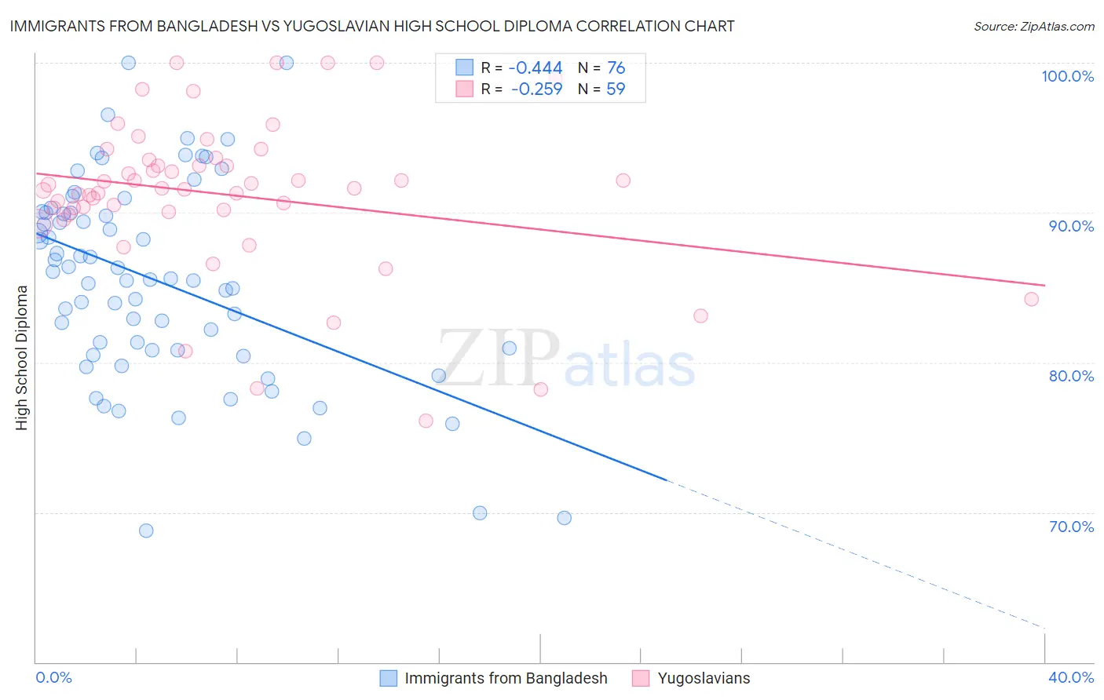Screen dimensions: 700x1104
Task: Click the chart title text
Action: tap(372, 26)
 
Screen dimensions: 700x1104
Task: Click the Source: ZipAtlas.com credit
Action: tap(1033, 27)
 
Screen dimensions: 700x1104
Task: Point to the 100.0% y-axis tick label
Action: tap(1067, 76)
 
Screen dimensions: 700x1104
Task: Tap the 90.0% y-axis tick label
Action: tap(1071, 226)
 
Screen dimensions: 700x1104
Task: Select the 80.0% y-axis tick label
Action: tap(1071, 376)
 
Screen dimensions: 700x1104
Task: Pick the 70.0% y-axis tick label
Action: tap(1071, 527)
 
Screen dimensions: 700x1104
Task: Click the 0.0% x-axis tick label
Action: tap(54, 677)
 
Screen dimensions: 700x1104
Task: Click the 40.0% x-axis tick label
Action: tap(1071, 677)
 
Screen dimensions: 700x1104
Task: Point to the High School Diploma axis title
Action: tap(22, 357)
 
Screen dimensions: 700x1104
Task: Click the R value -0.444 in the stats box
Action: tap(536, 67)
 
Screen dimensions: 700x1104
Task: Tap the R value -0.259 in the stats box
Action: tap(536, 89)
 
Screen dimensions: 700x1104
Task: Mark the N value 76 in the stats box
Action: tap(616, 67)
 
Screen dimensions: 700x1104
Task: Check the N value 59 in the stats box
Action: tap(616, 89)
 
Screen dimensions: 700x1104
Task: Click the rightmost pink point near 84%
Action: tap(1031, 299)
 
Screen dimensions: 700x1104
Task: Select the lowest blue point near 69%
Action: tap(146, 530)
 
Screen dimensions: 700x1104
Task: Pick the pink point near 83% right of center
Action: tap(700, 316)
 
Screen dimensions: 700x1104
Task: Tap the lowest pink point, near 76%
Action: tap(426, 421)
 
